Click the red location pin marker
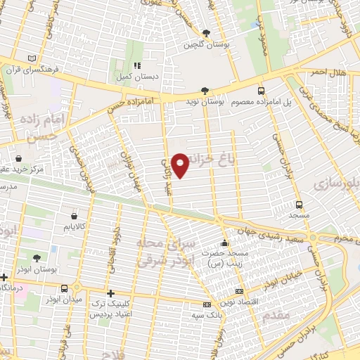point(181,165)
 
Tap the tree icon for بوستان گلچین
point(206,33)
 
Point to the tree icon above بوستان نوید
point(205,91)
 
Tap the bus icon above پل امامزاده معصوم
point(262,91)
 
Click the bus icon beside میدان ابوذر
point(65,288)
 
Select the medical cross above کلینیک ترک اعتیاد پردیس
point(110,294)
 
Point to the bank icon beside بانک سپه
point(206,304)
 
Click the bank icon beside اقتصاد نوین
point(239,290)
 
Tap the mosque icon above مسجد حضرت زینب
point(224,240)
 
